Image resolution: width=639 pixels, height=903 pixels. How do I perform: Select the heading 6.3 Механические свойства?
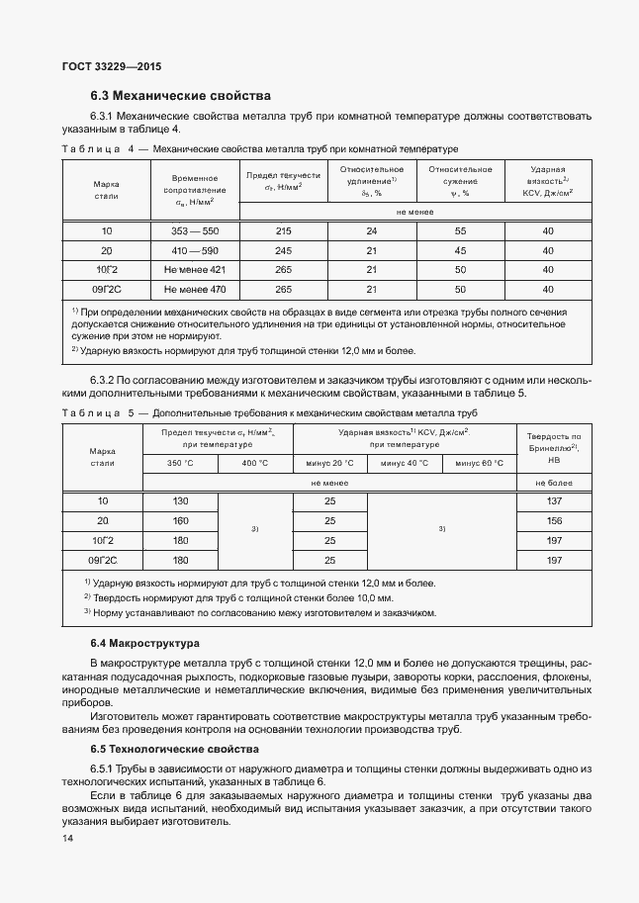point(179,96)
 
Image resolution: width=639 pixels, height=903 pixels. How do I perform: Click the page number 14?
point(68,839)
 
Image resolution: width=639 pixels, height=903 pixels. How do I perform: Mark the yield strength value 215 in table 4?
point(283,231)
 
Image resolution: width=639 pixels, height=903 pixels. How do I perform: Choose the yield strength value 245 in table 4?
point(283,250)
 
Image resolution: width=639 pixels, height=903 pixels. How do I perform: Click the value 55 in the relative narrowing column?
point(460,231)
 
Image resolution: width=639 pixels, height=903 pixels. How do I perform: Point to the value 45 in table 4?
point(460,250)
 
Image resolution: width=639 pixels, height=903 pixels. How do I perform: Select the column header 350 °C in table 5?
point(181,463)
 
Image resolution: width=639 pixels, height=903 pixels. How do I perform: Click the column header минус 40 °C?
point(405,463)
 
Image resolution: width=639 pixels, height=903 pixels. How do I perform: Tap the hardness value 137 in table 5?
point(554,501)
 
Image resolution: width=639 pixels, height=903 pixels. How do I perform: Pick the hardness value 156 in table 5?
point(554,521)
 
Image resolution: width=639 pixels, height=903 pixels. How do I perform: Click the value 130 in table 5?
point(180,501)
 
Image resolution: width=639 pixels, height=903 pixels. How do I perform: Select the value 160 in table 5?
point(180,521)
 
